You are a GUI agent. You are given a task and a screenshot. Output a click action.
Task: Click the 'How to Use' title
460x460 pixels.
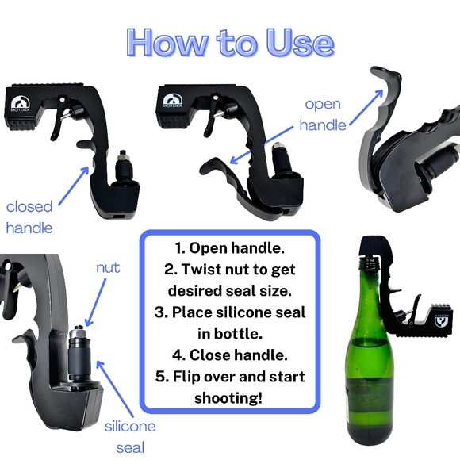click(231, 43)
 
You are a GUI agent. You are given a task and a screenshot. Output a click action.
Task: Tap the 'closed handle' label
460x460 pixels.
click(29, 217)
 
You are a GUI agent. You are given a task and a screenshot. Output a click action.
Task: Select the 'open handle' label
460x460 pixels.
click(323, 115)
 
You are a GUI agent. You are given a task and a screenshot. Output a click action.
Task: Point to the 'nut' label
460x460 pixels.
click(108, 267)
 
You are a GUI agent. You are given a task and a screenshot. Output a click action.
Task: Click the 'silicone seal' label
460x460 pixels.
click(130, 437)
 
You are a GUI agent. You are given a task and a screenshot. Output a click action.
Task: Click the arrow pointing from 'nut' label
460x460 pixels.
click(96, 302)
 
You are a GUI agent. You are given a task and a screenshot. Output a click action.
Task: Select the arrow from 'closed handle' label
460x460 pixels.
click(74, 186)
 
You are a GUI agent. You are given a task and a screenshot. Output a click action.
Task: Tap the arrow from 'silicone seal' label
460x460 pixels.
click(114, 389)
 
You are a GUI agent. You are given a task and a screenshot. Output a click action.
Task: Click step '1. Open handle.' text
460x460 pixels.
click(230, 248)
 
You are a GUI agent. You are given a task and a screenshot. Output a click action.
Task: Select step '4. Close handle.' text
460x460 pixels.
click(230, 355)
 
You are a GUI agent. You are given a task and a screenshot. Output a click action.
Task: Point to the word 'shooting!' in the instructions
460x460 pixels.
click(228, 398)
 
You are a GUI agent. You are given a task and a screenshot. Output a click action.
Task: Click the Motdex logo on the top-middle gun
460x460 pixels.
click(172, 102)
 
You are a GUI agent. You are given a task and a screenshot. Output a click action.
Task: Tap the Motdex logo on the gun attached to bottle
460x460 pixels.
click(441, 320)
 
